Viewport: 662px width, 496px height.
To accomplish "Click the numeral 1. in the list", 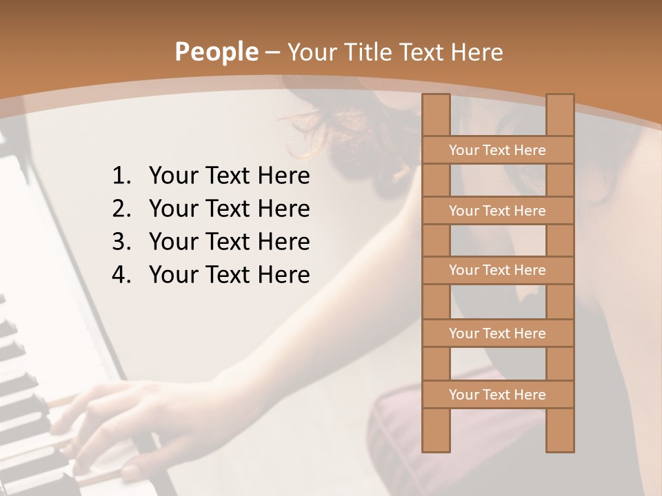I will point(121,176).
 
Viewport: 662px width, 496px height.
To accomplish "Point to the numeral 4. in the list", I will point(121,275).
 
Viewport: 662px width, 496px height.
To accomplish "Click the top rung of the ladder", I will point(497,150).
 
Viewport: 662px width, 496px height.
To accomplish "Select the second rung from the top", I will point(497,211).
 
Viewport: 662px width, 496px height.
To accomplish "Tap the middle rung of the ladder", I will point(497,270).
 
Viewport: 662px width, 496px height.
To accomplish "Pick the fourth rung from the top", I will point(497,333).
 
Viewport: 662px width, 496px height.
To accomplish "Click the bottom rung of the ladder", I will point(497,395).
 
